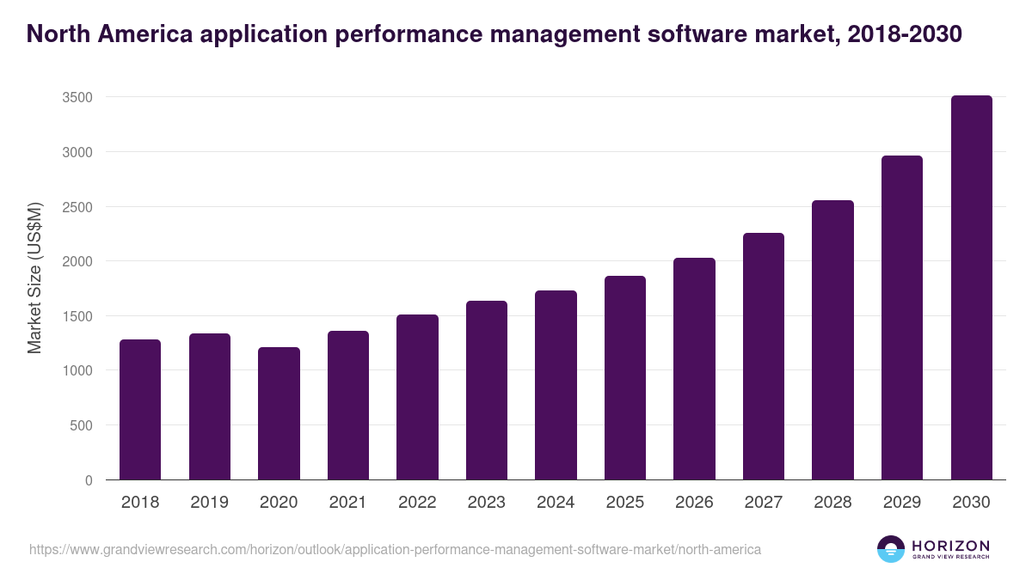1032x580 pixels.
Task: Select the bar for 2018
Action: pyautogui.click(x=140, y=410)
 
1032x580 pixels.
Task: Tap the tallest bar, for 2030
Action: pyautogui.click(x=971, y=288)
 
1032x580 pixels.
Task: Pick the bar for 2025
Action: pyautogui.click(x=625, y=378)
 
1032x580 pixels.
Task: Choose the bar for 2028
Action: pyautogui.click(x=832, y=340)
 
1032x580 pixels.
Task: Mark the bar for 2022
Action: pyautogui.click(x=417, y=397)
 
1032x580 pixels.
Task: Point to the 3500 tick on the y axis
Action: pyautogui.click(x=77, y=98)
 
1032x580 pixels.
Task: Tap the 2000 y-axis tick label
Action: pyautogui.click(x=77, y=261)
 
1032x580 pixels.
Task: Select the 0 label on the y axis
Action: pyautogui.click(x=89, y=480)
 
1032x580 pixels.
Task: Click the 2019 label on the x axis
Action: pyautogui.click(x=209, y=503)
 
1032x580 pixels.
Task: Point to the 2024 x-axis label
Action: pyautogui.click(x=556, y=503)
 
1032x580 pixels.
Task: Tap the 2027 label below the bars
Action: pyautogui.click(x=764, y=503)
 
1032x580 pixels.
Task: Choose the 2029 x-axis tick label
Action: pyautogui.click(x=902, y=503)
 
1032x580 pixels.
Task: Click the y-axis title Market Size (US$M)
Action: pyautogui.click(x=34, y=277)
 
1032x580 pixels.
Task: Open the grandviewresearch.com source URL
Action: pyautogui.click(x=395, y=549)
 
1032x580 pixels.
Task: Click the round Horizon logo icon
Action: pyautogui.click(x=891, y=549)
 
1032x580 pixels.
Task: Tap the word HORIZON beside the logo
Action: pyautogui.click(x=950, y=545)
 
